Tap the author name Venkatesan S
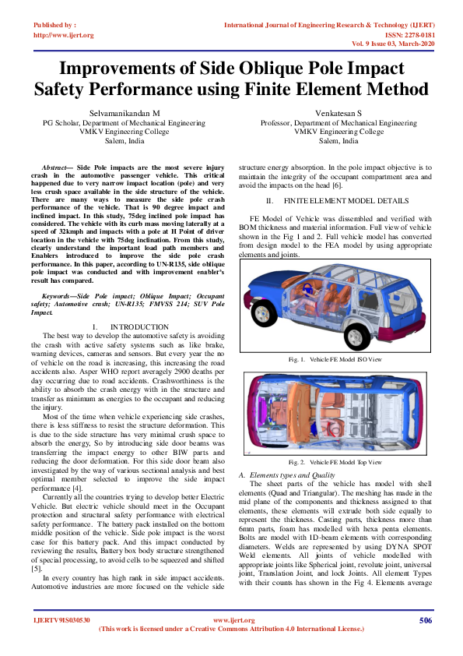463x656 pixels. [x=338, y=113]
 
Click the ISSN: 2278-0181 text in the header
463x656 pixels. [x=402, y=35]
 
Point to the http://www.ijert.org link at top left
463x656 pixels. [x=64, y=35]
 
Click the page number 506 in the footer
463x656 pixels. [x=425, y=620]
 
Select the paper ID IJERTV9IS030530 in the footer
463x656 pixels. [x=62, y=620]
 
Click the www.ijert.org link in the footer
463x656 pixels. [x=231, y=620]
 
